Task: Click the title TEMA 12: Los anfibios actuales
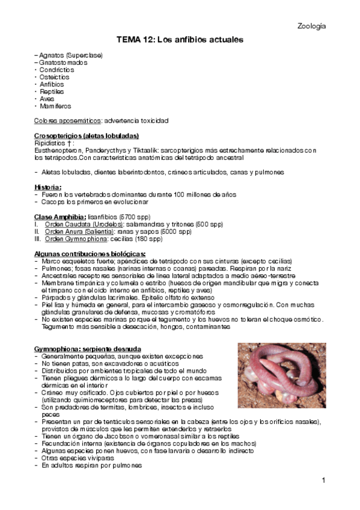pos(180,40)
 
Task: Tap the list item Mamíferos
pos(55,106)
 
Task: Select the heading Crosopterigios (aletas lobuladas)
pos(87,135)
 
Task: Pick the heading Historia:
pos(47,187)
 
